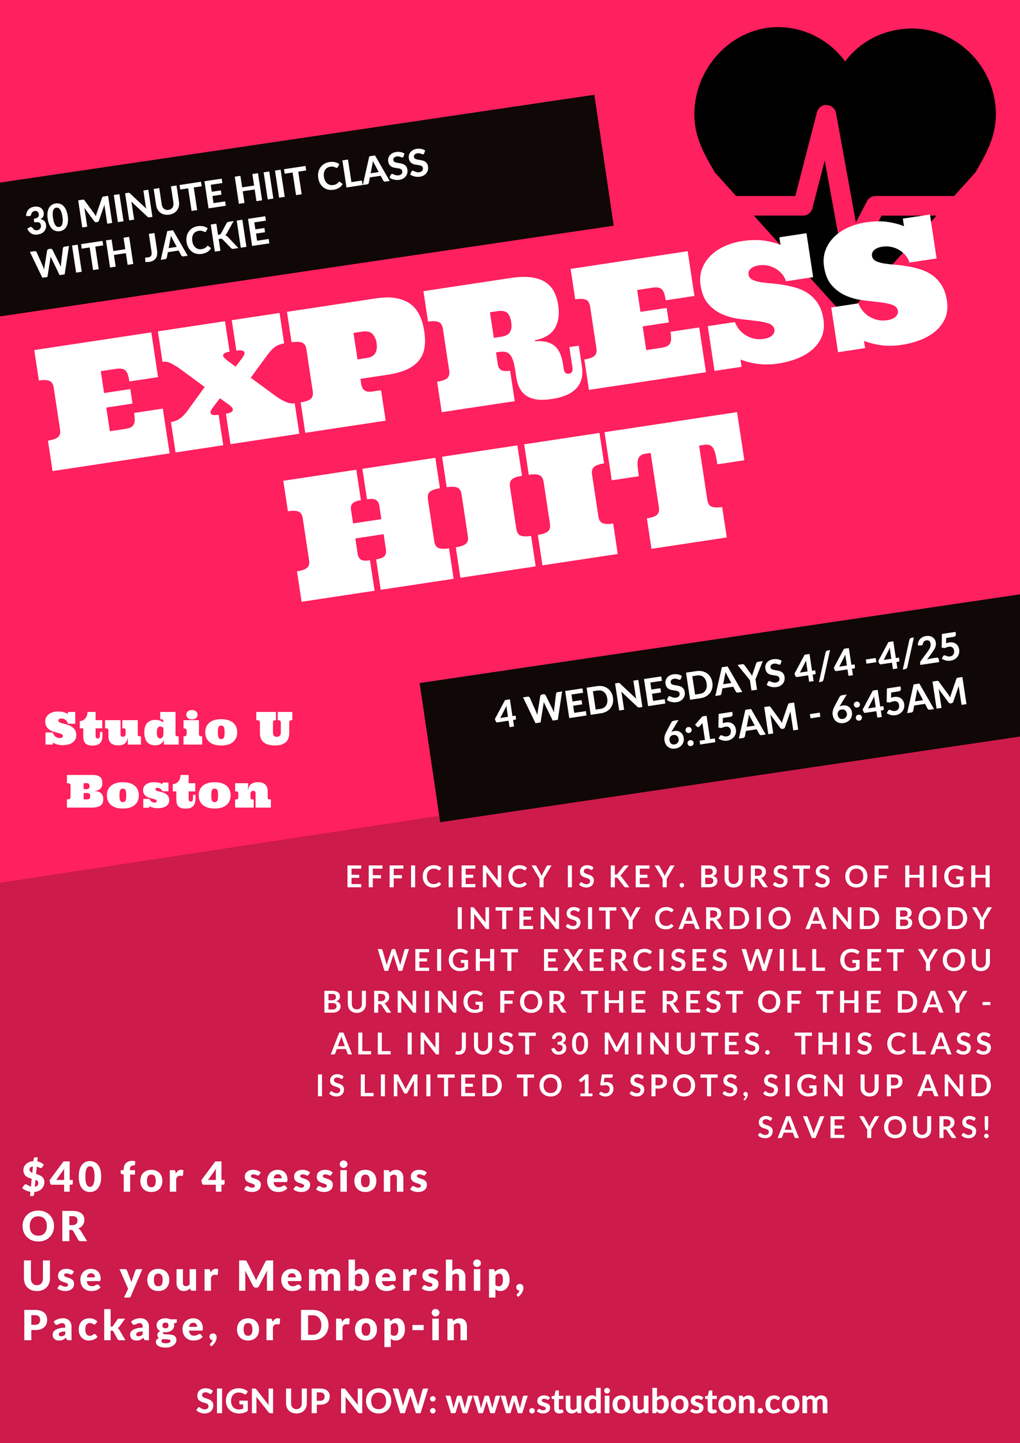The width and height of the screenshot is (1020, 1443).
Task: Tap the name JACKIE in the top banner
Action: coord(206,240)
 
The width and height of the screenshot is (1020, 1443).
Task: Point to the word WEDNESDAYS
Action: coord(657,691)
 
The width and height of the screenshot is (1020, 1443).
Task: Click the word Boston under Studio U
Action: coord(169,792)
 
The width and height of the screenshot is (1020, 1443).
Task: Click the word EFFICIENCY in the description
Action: coord(449,877)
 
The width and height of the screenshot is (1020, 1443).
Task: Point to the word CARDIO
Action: coord(723,919)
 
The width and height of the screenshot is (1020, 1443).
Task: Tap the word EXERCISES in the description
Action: coord(636,961)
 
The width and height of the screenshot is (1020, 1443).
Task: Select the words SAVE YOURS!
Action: coord(875,1128)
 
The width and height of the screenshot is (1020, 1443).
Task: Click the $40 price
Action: coord(62,1177)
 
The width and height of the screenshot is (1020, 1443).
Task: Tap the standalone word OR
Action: coord(55,1227)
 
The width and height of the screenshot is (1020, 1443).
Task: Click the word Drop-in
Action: coord(384,1326)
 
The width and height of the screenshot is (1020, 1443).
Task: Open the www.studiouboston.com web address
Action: coord(637,1403)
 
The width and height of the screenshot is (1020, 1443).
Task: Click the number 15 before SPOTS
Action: coord(597,1086)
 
